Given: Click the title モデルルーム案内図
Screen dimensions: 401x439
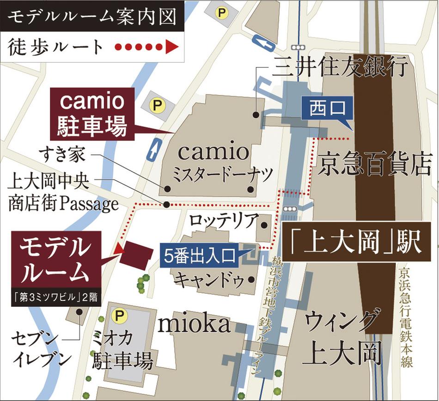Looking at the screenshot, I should [92, 17].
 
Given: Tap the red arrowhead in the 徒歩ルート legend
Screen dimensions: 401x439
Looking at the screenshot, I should [171, 47].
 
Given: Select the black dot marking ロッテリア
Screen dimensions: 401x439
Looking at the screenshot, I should [264, 225].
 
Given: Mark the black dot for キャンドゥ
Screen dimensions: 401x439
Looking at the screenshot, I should [251, 279].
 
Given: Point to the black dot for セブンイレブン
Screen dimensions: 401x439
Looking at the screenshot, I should [79, 312].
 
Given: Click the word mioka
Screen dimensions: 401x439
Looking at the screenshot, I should [194, 324].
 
